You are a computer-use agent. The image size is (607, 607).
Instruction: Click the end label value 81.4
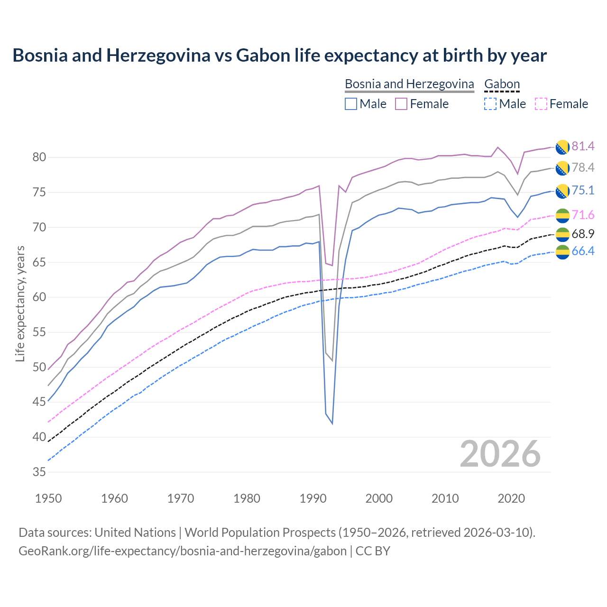[583, 146]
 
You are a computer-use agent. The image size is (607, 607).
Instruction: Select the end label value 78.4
[583, 167]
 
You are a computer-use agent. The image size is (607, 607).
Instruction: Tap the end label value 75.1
[583, 190]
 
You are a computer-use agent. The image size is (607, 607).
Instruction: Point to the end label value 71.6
[583, 215]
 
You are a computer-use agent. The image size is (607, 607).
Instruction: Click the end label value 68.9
[583, 234]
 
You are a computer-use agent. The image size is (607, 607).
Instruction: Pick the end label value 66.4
[583, 251]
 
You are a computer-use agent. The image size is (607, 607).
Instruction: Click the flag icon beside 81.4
[562, 147]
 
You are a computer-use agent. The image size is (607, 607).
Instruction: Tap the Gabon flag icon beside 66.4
[562, 252]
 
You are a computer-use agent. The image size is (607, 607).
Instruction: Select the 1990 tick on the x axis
[313, 498]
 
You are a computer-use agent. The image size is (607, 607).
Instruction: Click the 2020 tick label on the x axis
[512, 498]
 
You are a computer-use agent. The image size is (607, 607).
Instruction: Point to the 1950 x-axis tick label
[48, 498]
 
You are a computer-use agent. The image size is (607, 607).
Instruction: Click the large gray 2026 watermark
[500, 454]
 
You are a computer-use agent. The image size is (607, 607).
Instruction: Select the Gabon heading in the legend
[502, 84]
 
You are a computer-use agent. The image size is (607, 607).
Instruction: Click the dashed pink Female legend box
[541, 104]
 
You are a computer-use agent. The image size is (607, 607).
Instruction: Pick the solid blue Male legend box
[351, 104]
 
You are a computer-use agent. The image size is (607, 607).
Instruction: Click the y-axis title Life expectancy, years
[20, 303]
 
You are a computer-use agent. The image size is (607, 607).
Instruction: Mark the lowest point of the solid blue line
[332, 423]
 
